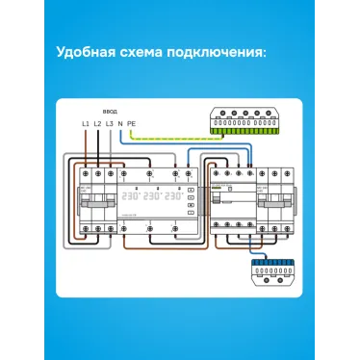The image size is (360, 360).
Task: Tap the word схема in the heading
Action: tap(144, 51)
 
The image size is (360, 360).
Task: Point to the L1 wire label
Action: tap(85, 125)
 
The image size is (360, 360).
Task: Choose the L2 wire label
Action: tap(97, 125)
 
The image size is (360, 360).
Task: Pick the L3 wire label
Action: tap(110, 125)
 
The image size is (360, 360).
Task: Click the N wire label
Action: tap(120, 125)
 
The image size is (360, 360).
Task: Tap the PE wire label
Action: tap(131, 125)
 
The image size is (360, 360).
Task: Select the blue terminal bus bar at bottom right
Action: tap(272, 269)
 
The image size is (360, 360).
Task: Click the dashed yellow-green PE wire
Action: tap(173, 138)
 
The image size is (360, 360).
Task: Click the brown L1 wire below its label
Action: tap(85, 144)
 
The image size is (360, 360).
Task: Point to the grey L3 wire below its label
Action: tap(110, 144)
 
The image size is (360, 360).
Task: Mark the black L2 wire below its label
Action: tap(97, 144)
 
